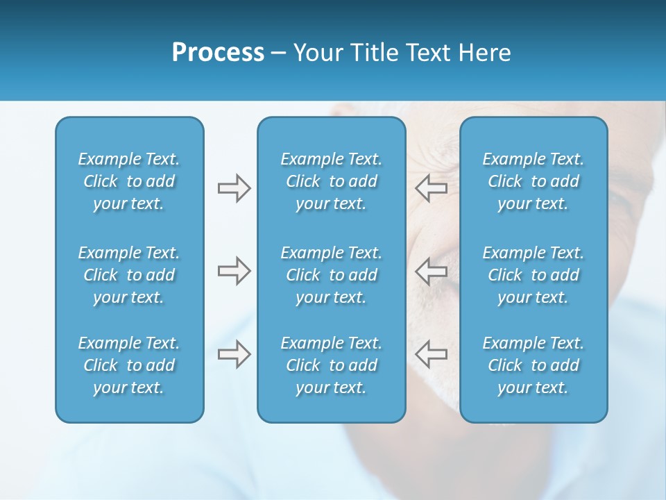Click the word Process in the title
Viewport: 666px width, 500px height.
click(x=218, y=53)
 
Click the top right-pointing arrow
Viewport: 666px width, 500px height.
click(x=234, y=188)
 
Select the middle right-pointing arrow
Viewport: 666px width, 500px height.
click(x=234, y=271)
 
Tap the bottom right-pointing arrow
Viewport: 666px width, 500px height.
click(x=234, y=354)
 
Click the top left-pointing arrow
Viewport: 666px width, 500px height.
click(x=431, y=188)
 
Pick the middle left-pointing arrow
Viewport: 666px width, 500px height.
click(x=431, y=271)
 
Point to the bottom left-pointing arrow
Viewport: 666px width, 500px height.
click(x=431, y=354)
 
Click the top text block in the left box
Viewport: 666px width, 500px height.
click(x=129, y=181)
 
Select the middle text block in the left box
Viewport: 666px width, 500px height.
click(x=129, y=275)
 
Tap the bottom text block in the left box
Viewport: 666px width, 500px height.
click(x=129, y=365)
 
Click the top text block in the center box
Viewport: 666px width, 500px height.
click(x=331, y=181)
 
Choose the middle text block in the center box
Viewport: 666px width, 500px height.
click(x=331, y=275)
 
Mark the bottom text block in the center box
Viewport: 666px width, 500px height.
click(x=331, y=365)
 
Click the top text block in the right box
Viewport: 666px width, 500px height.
click(x=533, y=181)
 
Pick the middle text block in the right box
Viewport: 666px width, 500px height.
click(x=533, y=275)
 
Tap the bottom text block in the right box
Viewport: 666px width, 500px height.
click(x=533, y=365)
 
